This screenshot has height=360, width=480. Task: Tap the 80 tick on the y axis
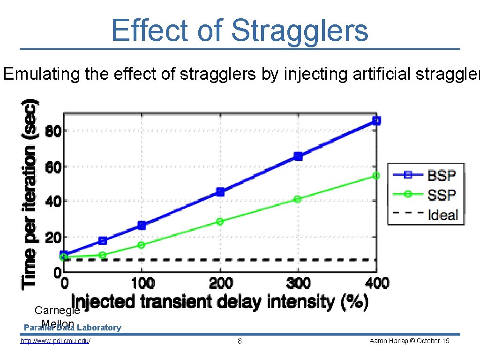53,131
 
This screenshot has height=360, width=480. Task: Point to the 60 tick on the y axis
53,166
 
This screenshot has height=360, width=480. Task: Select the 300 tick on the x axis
298,283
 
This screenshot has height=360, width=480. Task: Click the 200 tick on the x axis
220,283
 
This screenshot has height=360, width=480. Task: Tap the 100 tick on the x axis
142,283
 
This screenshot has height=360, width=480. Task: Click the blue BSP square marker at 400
376,120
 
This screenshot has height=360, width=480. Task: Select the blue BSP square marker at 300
298,156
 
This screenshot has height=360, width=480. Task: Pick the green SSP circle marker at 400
376,175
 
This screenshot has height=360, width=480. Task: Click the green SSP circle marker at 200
220,221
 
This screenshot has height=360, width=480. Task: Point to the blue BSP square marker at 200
220,192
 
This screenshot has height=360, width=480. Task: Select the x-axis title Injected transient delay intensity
219,301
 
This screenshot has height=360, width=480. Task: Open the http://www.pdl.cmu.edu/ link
55,341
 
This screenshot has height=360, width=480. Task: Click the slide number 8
240,341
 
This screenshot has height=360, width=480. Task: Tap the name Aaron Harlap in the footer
386,341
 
